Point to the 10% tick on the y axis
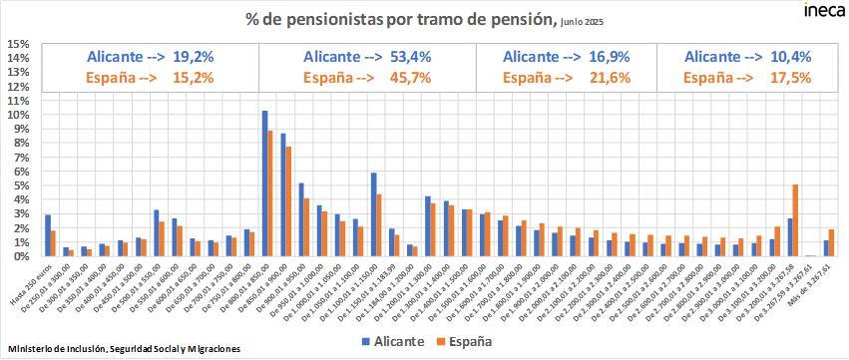click(x=17, y=115)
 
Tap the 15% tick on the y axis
click(x=17, y=44)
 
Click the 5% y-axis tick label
click(x=19, y=185)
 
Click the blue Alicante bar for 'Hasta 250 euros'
click(x=48, y=235)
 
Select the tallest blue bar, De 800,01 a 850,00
click(x=264, y=183)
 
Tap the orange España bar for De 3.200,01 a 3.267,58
click(x=795, y=220)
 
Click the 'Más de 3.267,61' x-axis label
click(x=818, y=283)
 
